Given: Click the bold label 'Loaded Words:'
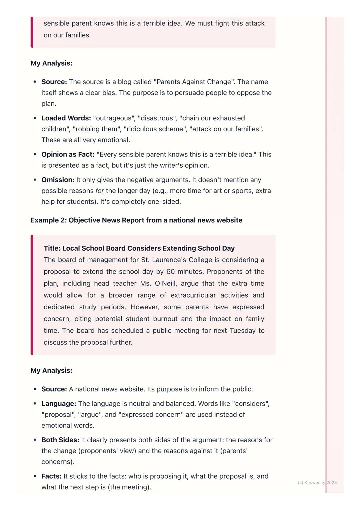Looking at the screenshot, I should (x=66, y=118).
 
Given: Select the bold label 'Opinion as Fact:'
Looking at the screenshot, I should (x=68, y=155).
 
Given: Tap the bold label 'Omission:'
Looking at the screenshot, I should (x=58, y=180).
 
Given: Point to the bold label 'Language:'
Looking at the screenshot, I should (x=59, y=404).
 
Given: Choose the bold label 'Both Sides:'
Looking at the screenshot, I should (x=60, y=440).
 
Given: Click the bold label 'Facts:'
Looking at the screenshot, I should (x=51, y=476).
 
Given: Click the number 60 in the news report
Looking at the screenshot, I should (x=170, y=272).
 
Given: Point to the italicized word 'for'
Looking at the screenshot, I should (x=100, y=191).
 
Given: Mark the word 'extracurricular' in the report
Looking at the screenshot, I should (x=193, y=295).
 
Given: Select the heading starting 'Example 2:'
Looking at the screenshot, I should (x=136, y=220).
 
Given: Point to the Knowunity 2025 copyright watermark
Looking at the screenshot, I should (x=317, y=483).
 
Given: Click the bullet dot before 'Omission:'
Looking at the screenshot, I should (x=35, y=180).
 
